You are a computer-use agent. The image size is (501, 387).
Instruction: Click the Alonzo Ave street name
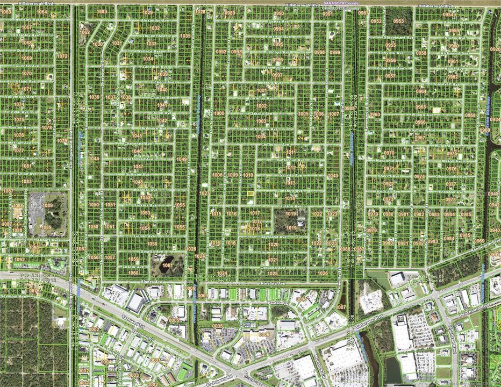151,282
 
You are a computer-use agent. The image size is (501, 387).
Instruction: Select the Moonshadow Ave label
261,129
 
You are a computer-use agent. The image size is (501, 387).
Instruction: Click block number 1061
167,265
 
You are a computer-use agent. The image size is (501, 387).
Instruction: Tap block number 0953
398,21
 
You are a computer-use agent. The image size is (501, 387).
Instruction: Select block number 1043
333,176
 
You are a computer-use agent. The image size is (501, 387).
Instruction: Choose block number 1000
219,113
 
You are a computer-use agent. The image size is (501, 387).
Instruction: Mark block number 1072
62,56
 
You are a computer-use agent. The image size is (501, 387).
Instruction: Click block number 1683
102,11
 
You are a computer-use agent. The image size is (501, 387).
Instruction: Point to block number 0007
340,307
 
